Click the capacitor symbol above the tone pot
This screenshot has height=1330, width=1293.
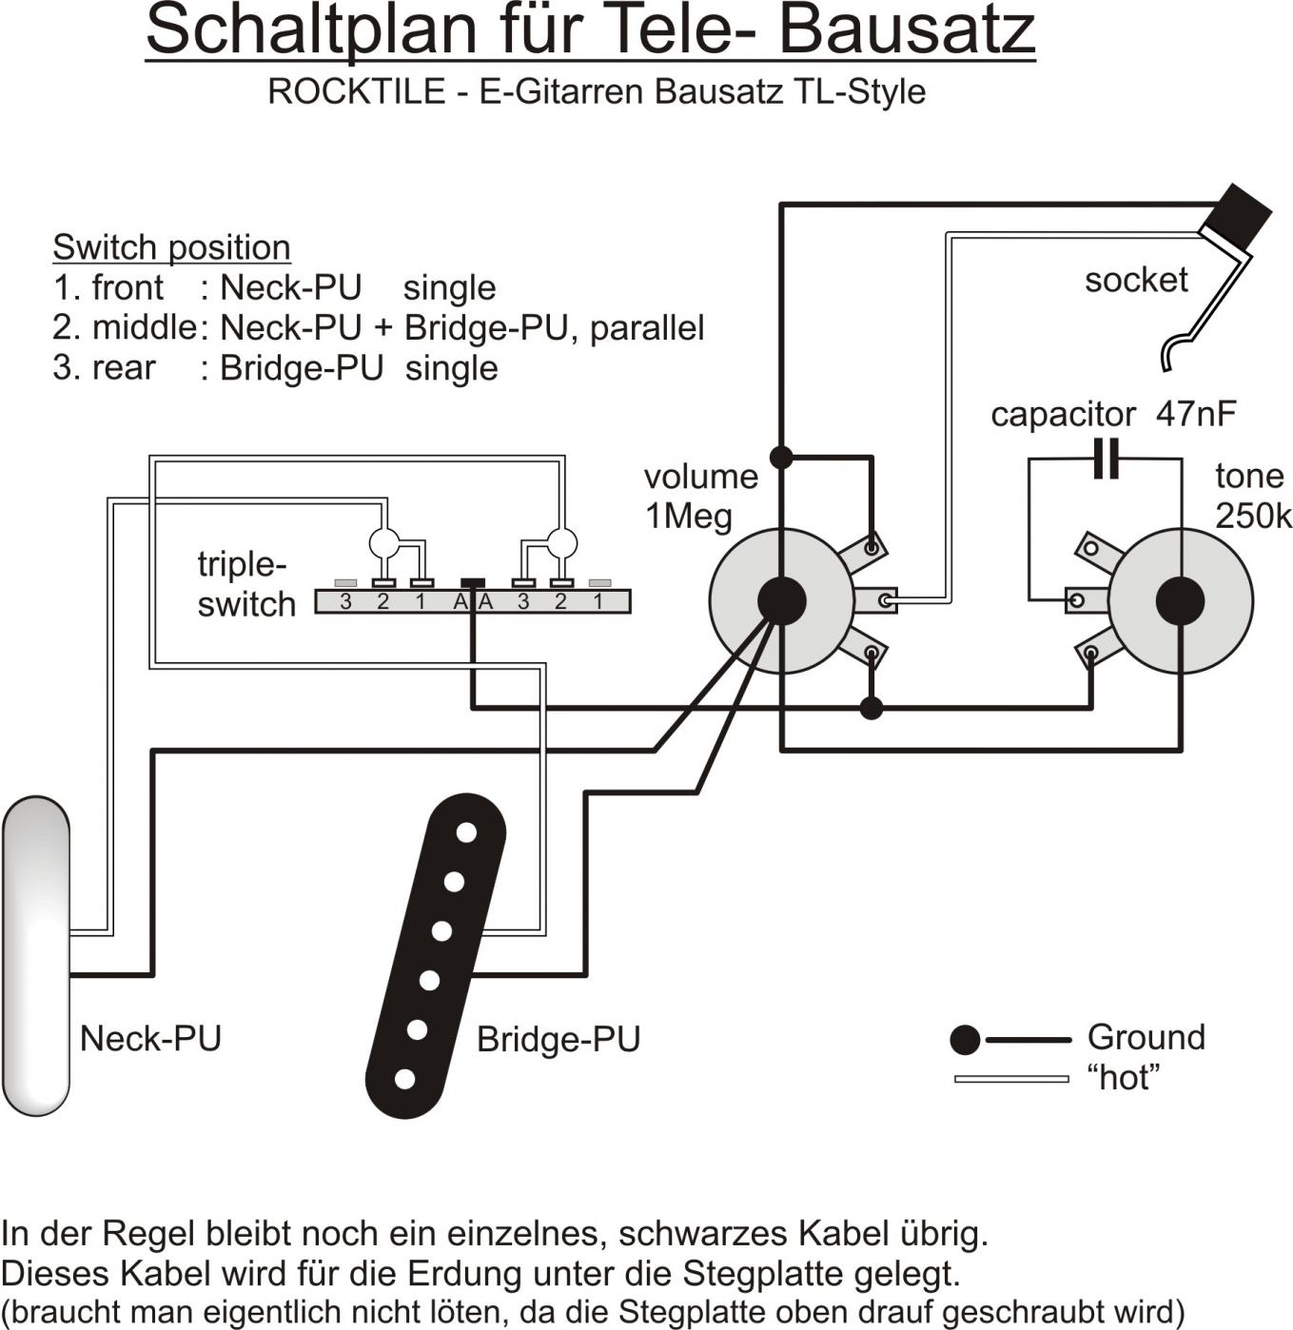coord(1105,460)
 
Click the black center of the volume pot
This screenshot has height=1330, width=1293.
coord(781,600)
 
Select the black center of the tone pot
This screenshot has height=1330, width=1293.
coord(1180,601)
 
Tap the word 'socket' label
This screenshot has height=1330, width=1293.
coord(1136,280)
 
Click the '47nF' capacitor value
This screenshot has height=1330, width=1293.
coord(1196,414)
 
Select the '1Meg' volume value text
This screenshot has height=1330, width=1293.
coord(689,517)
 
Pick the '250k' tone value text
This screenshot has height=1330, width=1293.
coord(1253,516)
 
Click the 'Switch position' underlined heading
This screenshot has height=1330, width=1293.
coord(171,247)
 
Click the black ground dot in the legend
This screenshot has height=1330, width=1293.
coord(965,1040)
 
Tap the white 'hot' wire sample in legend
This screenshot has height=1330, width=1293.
coord(1011,1079)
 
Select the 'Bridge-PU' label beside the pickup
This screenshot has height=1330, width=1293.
coord(558,1039)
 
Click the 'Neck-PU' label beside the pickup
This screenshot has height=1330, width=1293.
coord(150,1038)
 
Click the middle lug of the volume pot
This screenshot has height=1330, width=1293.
coord(886,600)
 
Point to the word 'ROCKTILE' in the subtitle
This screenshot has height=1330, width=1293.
coord(357,91)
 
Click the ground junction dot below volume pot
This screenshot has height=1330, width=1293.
coord(871,708)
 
